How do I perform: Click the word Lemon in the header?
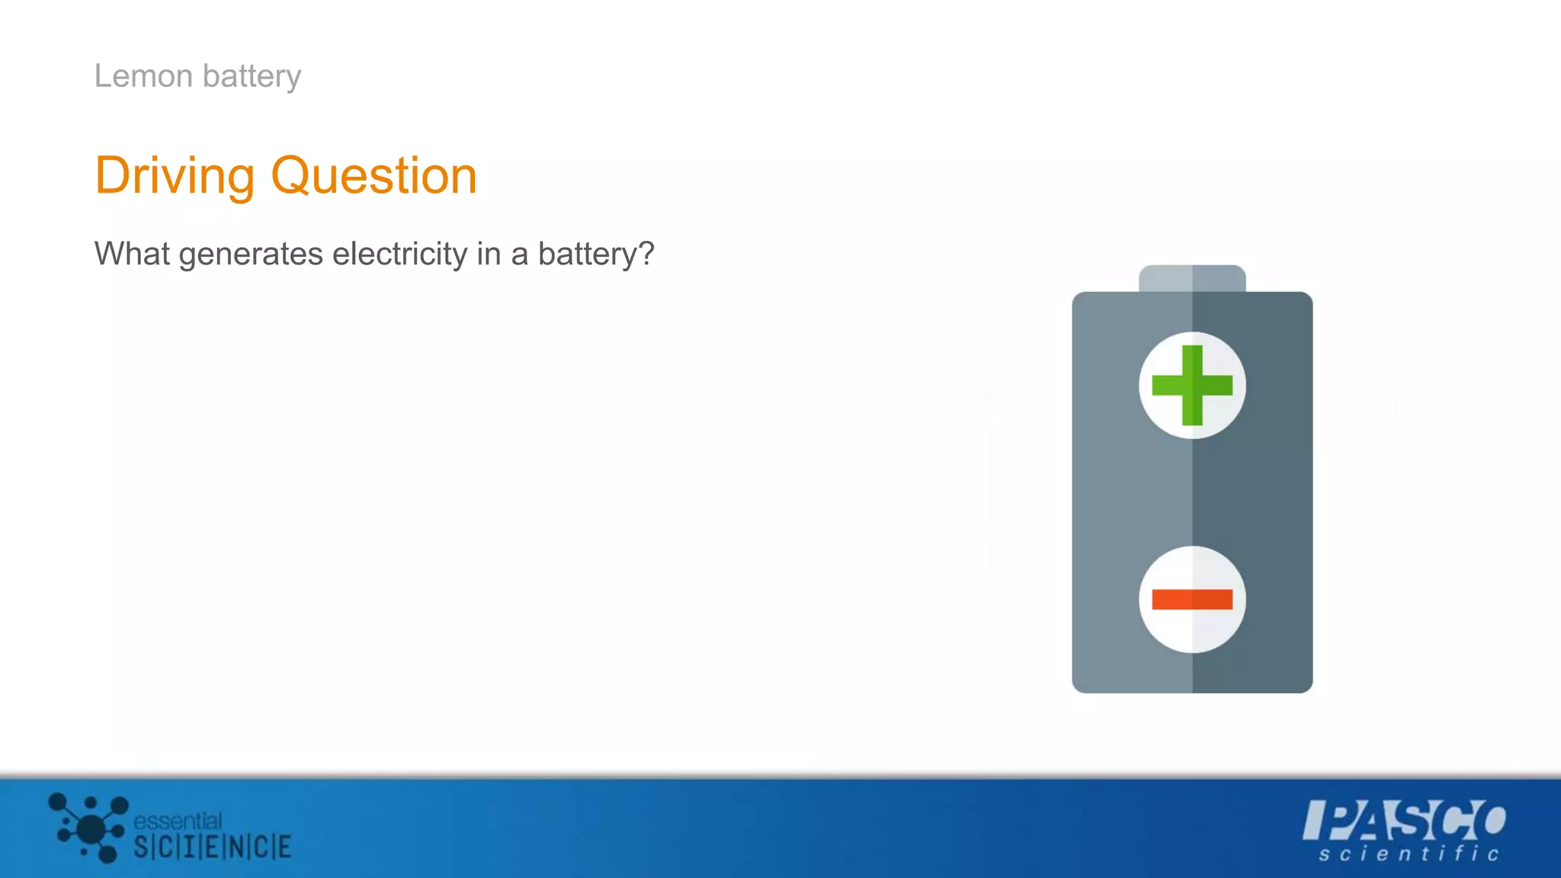[x=143, y=76]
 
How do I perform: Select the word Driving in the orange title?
[x=175, y=177]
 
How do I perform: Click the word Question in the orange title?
[x=373, y=177]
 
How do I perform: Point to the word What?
[x=132, y=254]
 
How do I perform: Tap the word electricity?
[x=399, y=254]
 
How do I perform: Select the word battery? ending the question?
[x=596, y=255]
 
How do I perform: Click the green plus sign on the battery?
[x=1192, y=385]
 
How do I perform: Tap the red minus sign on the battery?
[x=1192, y=600]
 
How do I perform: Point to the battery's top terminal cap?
[x=1192, y=278]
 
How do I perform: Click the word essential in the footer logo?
[x=178, y=821]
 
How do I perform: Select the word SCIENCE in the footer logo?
[x=213, y=847]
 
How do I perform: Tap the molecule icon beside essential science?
[x=89, y=827]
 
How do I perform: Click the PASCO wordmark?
[x=1404, y=820]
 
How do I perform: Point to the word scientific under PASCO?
[x=1409, y=854]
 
